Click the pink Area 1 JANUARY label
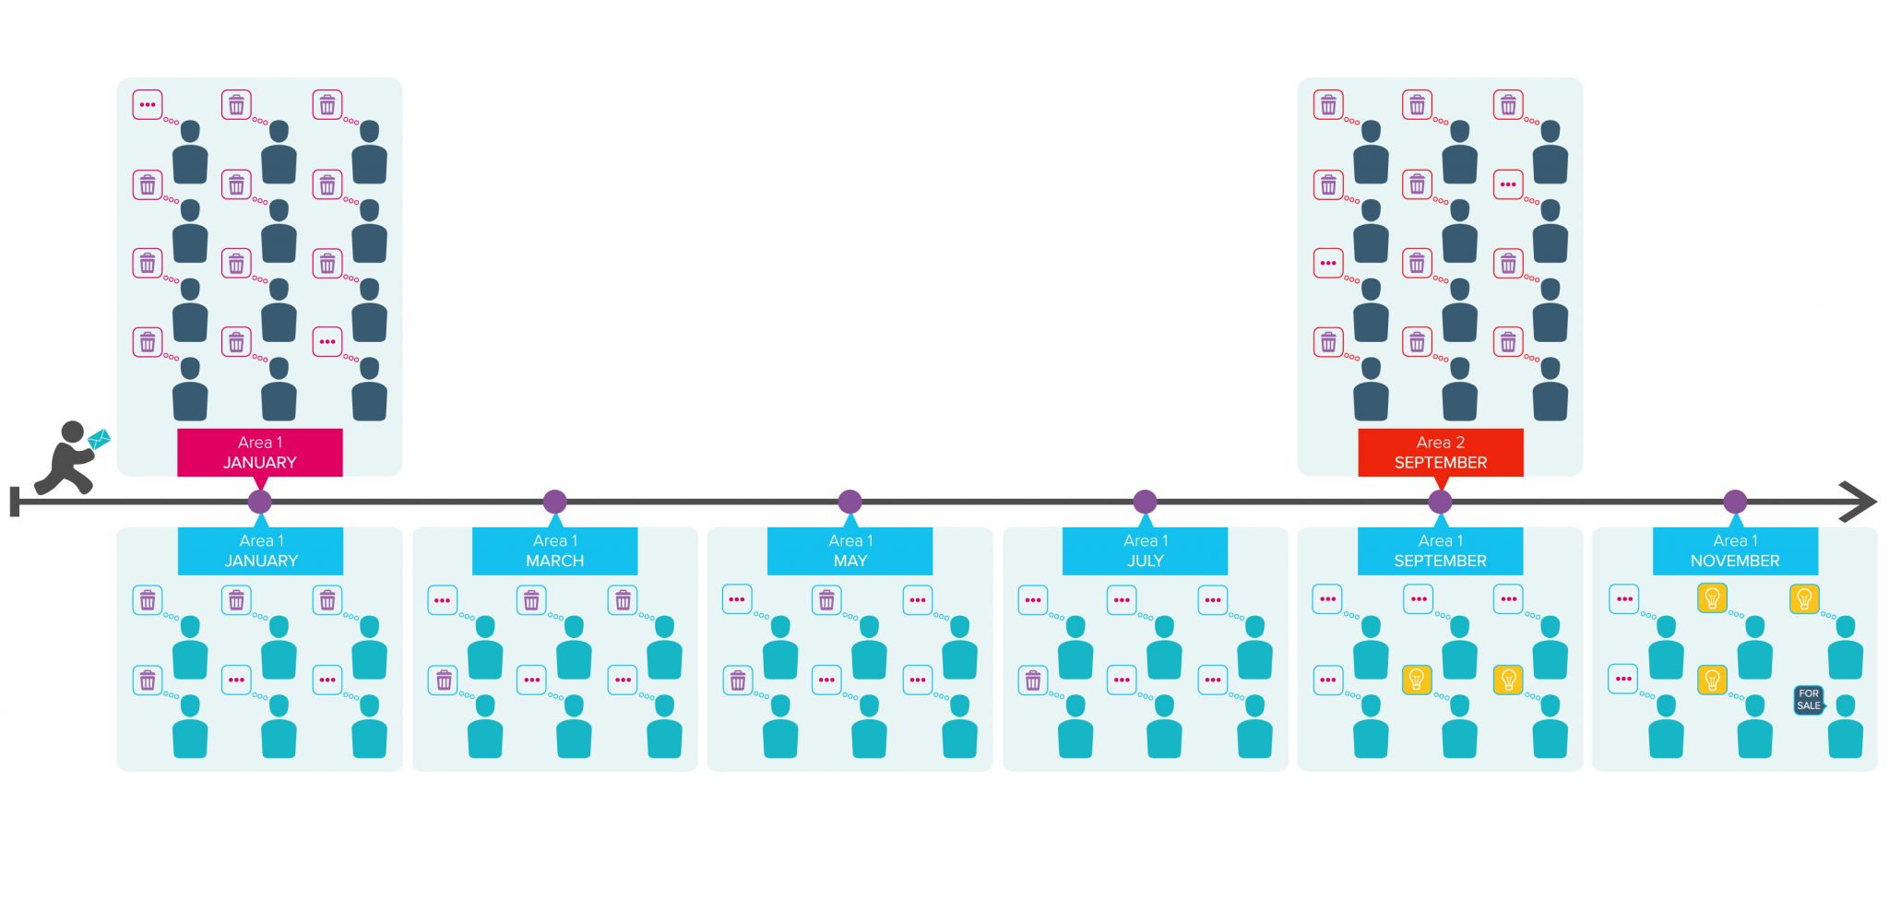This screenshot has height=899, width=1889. [x=259, y=453]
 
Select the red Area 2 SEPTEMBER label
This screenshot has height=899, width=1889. [x=1440, y=453]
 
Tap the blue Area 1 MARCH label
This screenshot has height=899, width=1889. [x=554, y=551]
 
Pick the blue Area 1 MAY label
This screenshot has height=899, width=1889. [x=849, y=551]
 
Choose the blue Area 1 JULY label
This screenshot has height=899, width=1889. [x=1145, y=551]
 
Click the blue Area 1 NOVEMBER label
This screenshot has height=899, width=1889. [x=1735, y=551]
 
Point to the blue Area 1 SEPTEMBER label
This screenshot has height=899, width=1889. [x=1440, y=551]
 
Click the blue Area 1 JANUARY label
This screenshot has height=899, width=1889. [x=260, y=551]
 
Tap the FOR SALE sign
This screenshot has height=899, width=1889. [x=1809, y=700]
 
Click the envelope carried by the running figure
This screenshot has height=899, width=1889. [x=99, y=439]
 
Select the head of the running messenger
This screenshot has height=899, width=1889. [x=72, y=432]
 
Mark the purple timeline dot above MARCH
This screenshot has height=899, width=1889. [x=554, y=502]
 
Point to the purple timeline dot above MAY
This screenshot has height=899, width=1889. [x=849, y=502]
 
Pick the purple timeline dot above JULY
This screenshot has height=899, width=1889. [x=1145, y=502]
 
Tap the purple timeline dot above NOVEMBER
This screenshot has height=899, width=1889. [x=1735, y=502]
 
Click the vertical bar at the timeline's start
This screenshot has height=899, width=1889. [x=15, y=502]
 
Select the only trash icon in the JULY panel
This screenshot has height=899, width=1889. [x=1033, y=680]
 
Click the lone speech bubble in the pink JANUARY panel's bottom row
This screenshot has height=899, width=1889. [x=327, y=341]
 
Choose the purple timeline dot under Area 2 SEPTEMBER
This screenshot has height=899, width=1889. [x=1440, y=502]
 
